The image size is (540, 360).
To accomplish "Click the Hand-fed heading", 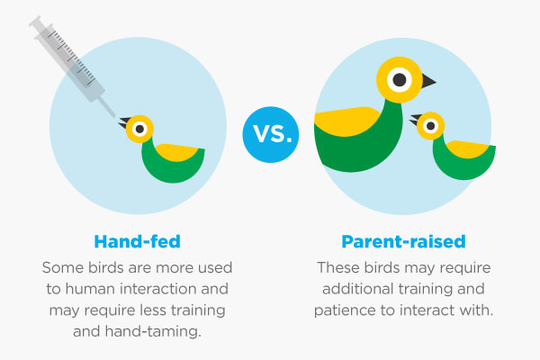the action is [137, 241].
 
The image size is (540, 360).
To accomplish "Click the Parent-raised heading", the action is [403, 241].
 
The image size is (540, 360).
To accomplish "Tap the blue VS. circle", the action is [271, 135].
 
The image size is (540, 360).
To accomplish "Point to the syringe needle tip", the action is [114, 116].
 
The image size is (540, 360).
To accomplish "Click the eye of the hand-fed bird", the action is [139, 129].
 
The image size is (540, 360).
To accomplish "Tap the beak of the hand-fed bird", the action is [124, 122].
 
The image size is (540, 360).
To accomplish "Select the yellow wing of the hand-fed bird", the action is [176, 151].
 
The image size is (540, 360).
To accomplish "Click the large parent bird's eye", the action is [400, 80].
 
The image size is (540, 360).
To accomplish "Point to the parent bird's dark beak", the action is [428, 81].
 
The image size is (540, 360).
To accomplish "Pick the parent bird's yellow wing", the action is [346, 121].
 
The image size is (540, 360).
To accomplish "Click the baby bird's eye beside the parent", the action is [430, 126].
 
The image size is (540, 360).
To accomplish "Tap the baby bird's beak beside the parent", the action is [415, 120].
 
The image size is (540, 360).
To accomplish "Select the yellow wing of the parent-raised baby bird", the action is [468, 148].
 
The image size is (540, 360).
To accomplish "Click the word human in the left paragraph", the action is [90, 289].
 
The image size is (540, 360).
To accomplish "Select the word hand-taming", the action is [153, 332].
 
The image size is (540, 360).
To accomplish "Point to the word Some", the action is [63, 268].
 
